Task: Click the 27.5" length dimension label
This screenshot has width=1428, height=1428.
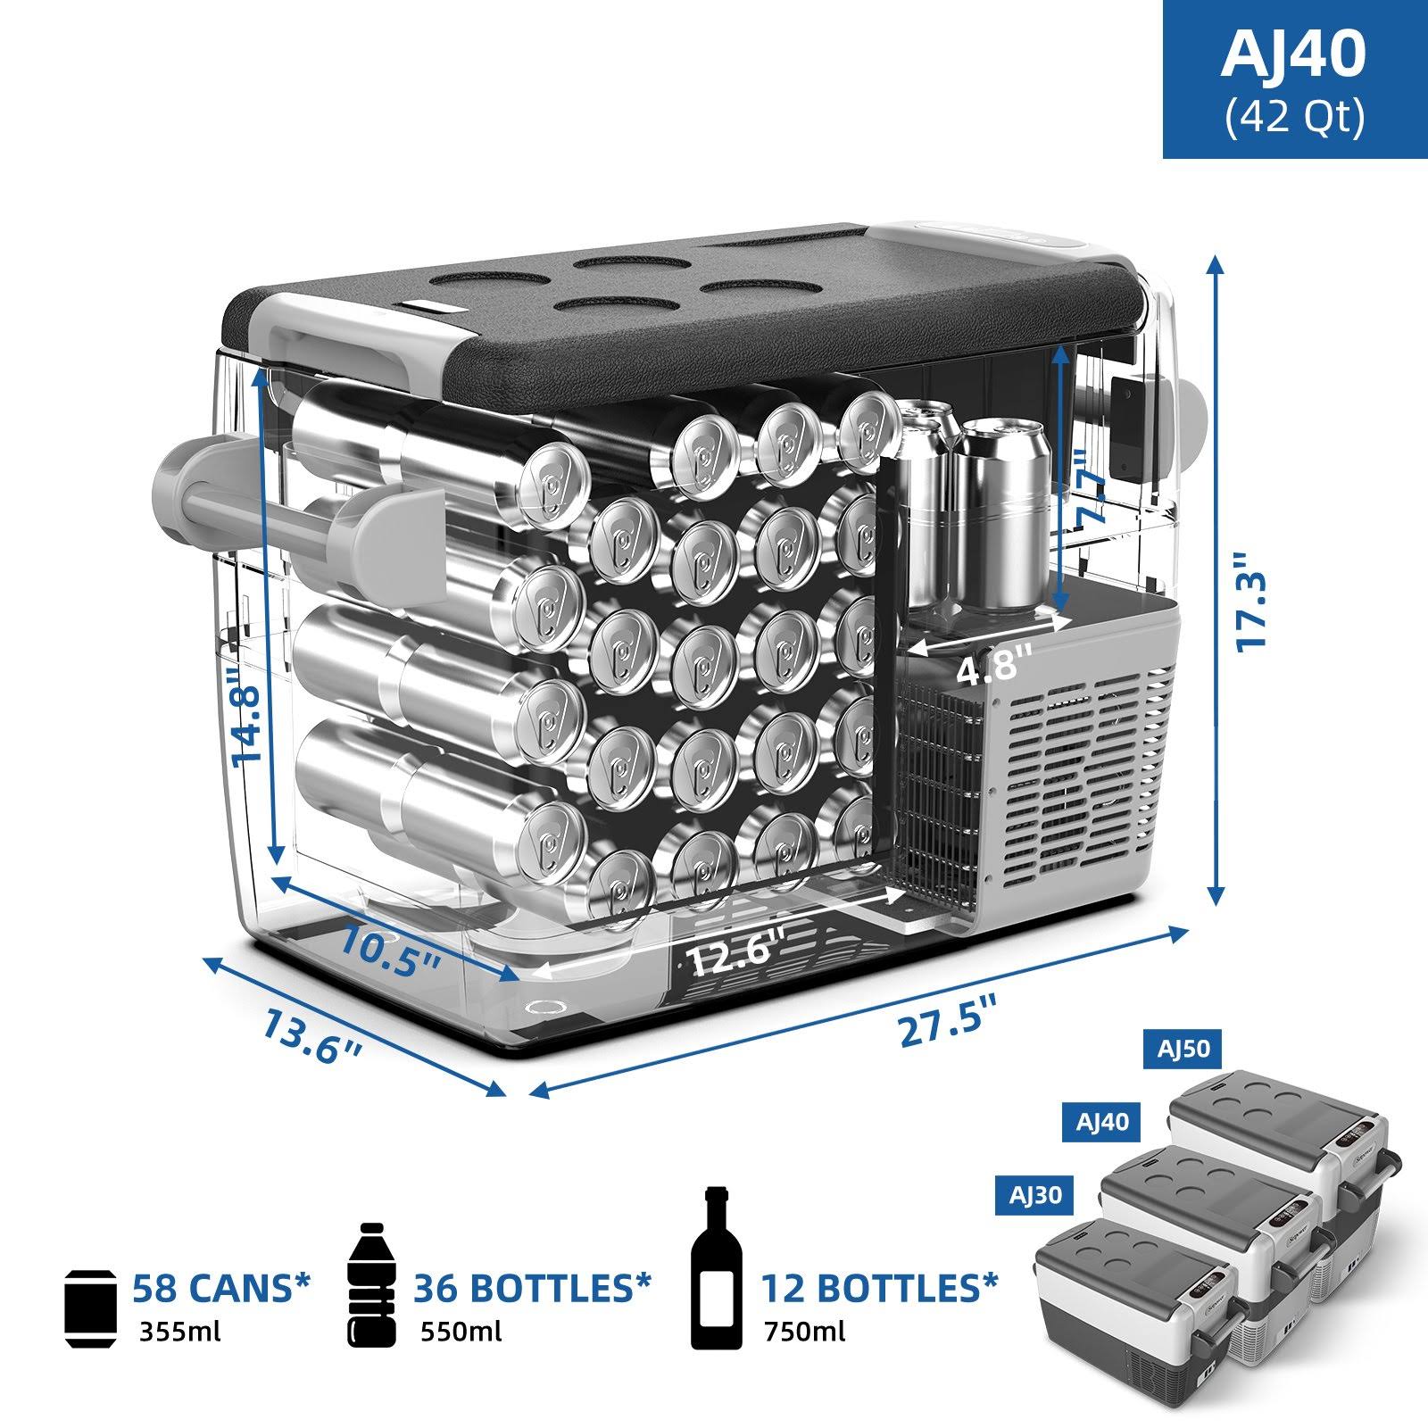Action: pyautogui.click(x=946, y=1026)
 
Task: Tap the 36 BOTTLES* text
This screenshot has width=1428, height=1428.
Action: pyautogui.click(x=532, y=1287)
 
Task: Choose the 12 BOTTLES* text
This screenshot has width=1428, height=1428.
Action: pyautogui.click(x=879, y=1287)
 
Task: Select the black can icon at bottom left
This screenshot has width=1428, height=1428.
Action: pyautogui.click(x=91, y=1308)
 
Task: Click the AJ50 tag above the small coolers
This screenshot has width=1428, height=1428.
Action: pyautogui.click(x=1183, y=1050)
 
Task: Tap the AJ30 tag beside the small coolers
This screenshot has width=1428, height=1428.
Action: pyautogui.click(x=1035, y=1194)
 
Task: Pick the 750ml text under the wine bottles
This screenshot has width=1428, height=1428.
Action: pyautogui.click(x=804, y=1333)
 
